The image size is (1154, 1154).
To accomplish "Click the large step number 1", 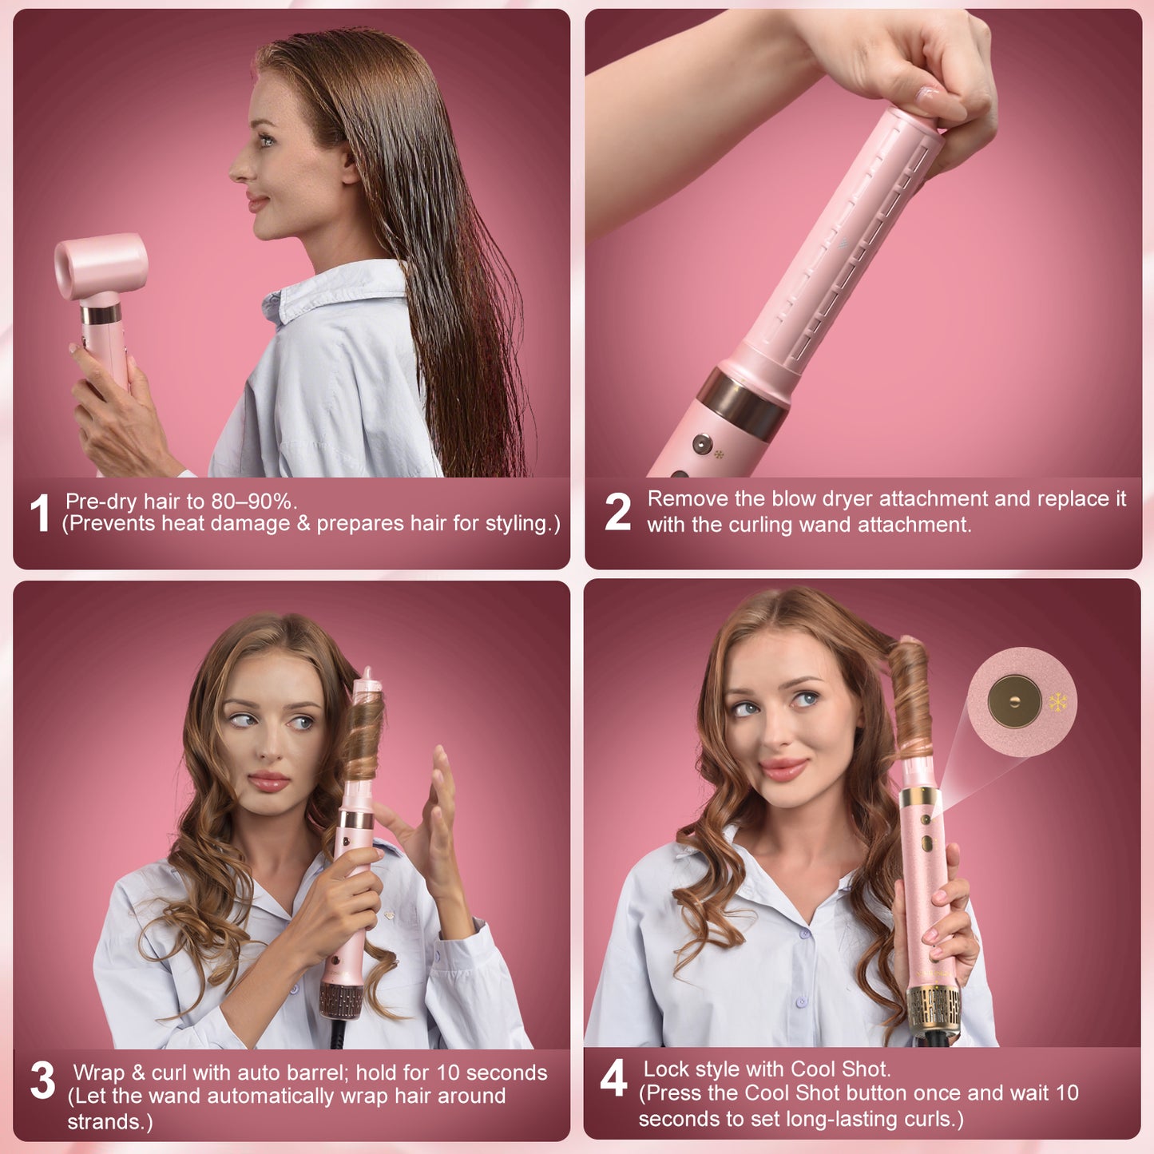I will tap(39, 513).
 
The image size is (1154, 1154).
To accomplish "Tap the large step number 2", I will tap(617, 512).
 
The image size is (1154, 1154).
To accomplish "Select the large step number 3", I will tap(42, 1081).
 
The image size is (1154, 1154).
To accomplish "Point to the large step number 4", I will tap(613, 1078).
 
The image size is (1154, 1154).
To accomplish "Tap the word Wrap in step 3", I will tap(99, 1073).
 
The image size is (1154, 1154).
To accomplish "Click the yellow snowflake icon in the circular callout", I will tap(1058, 703).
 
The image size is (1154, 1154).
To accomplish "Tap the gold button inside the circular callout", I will tap(1014, 702).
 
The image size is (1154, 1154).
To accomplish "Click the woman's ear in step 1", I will tap(350, 164).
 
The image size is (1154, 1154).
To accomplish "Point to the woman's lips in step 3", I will tap(268, 781).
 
